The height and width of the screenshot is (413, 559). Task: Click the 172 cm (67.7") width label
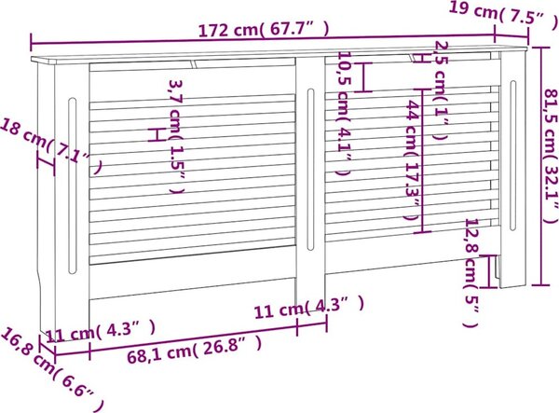click(264, 29)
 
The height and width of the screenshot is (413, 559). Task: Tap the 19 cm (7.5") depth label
click(503, 14)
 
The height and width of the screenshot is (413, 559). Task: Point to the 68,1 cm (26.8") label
click(195, 350)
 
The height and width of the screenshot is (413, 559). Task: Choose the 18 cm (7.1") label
click(51, 146)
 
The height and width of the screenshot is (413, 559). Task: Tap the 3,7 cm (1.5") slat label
click(177, 137)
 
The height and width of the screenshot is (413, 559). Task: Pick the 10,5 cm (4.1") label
click(345, 114)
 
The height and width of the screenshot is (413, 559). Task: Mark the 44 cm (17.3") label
click(412, 160)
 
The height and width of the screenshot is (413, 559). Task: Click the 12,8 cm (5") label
click(471, 272)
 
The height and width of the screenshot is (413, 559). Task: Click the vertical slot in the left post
click(73, 186)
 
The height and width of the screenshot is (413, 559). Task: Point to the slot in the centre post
click(311, 170)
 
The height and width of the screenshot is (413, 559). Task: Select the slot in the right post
click(512, 156)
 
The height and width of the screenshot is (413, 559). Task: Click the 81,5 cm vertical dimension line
click(541, 166)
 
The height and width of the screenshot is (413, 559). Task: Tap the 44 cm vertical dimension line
click(422, 160)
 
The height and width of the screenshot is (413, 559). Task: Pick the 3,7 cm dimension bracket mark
click(157, 135)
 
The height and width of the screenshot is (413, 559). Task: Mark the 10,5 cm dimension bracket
click(363, 77)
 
